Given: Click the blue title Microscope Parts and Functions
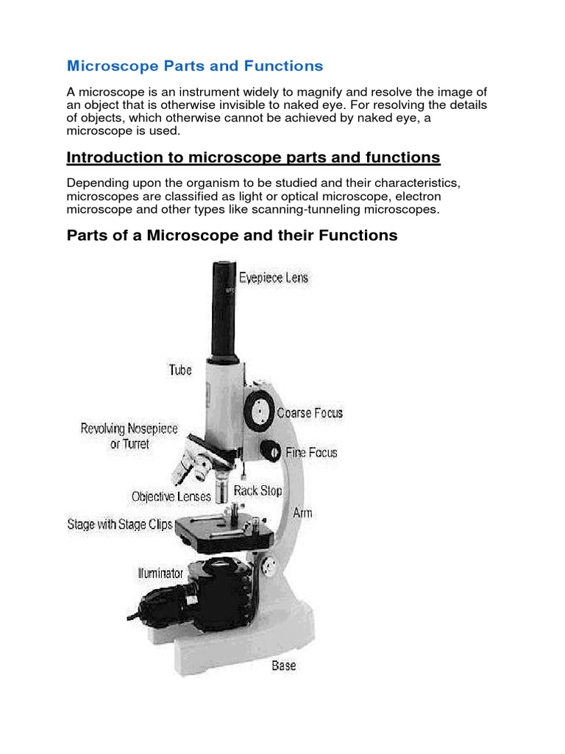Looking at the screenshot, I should (x=195, y=66).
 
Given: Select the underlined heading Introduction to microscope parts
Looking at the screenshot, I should (x=253, y=158).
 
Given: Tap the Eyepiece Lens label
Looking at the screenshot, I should (x=274, y=278).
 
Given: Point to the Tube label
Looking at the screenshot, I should (x=180, y=370).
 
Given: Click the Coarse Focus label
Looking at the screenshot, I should (x=310, y=413).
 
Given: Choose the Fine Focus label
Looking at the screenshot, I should (x=311, y=452).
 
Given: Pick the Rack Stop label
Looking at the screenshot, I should (x=257, y=490).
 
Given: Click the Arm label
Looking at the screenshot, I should (x=302, y=512).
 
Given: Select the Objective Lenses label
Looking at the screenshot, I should (x=171, y=497).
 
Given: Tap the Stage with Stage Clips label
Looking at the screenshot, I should (x=121, y=525).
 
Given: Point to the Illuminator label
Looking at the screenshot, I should (x=160, y=572).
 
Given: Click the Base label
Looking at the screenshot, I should (x=283, y=666).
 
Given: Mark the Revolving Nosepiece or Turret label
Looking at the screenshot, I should (x=129, y=436).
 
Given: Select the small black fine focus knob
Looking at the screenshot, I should (x=272, y=451).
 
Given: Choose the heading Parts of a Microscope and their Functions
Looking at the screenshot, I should (x=232, y=236).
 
